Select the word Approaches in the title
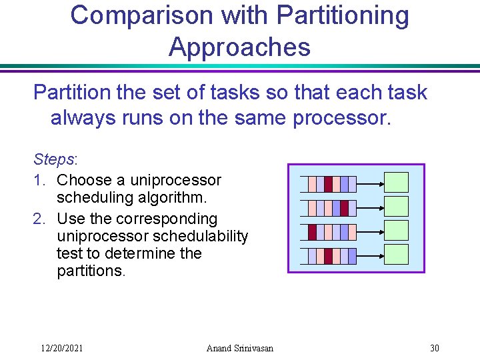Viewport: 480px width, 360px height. click(x=239, y=47)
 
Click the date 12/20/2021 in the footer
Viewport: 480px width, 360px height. click(x=62, y=347)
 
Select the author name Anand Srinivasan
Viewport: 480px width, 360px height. click(x=239, y=347)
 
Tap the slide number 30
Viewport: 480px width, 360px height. click(x=435, y=347)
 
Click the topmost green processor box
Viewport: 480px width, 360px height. click(x=397, y=183)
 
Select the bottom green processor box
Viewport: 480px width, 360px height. click(x=397, y=255)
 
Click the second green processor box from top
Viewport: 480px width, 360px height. click(x=397, y=207)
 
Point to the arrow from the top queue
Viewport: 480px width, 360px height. click(x=371, y=183)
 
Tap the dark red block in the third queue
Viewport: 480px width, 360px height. click(x=312, y=232)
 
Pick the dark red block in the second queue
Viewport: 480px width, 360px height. click(x=344, y=208)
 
